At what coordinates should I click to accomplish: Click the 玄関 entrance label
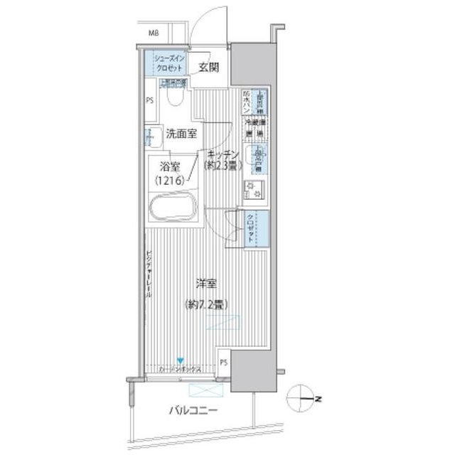click(208, 68)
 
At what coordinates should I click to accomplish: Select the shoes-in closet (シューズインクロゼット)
click(166, 63)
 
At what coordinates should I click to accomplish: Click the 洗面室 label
click(183, 133)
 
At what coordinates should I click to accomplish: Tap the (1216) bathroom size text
click(171, 181)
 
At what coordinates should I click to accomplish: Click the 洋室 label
click(206, 283)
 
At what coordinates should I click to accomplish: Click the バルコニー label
click(193, 410)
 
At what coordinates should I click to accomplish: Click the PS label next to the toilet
click(150, 100)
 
